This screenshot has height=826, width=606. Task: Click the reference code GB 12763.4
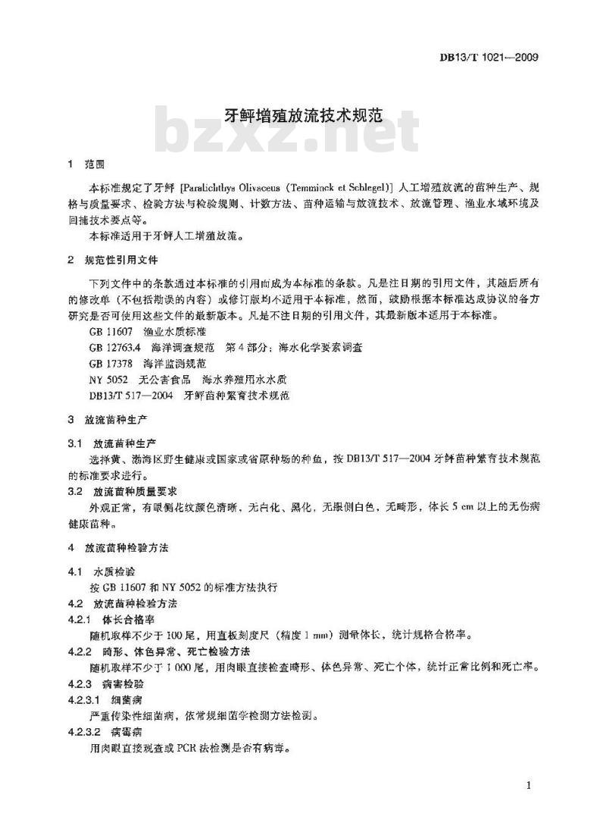(x=114, y=347)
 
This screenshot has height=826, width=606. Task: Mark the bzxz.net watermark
(x=288, y=133)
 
